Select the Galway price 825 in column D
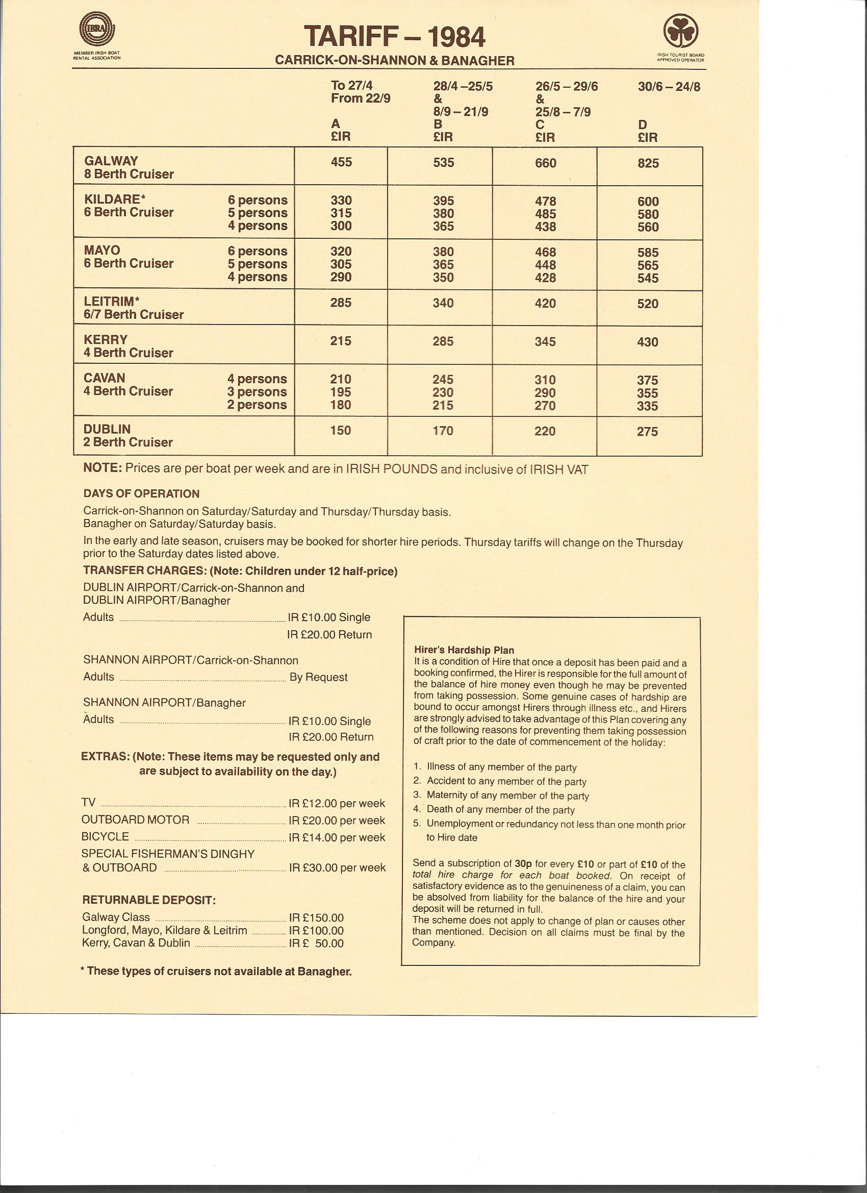click(x=647, y=163)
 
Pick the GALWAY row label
click(x=111, y=161)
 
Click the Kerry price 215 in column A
click(x=341, y=340)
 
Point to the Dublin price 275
click(x=647, y=431)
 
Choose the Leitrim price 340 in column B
click(x=443, y=303)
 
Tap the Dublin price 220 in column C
click(x=545, y=431)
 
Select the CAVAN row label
click(x=105, y=378)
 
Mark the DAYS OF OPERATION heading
click(x=141, y=493)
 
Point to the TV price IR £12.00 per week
click(x=337, y=803)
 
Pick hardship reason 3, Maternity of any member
click(x=507, y=796)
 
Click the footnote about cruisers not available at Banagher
click(x=216, y=971)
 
